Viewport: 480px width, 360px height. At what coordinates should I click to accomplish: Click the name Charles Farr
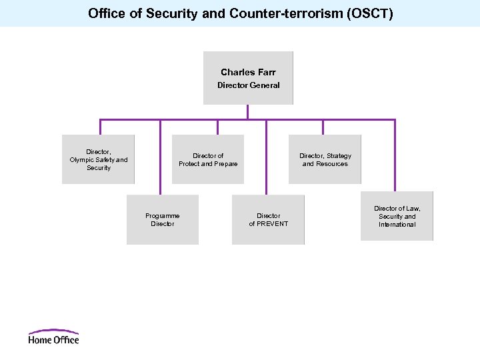point(248,72)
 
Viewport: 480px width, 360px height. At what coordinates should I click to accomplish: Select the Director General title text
point(248,85)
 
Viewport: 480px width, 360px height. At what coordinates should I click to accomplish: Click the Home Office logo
point(53,337)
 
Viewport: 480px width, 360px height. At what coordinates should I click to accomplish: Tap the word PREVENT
point(273,224)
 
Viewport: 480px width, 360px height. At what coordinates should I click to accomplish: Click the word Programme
point(163,215)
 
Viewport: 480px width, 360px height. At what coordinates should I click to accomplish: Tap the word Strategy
point(339,156)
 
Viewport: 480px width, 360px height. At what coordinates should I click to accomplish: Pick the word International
point(397,225)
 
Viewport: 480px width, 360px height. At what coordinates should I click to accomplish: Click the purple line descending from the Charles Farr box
point(247,112)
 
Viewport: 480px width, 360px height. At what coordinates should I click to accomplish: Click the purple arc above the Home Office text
point(53,331)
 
